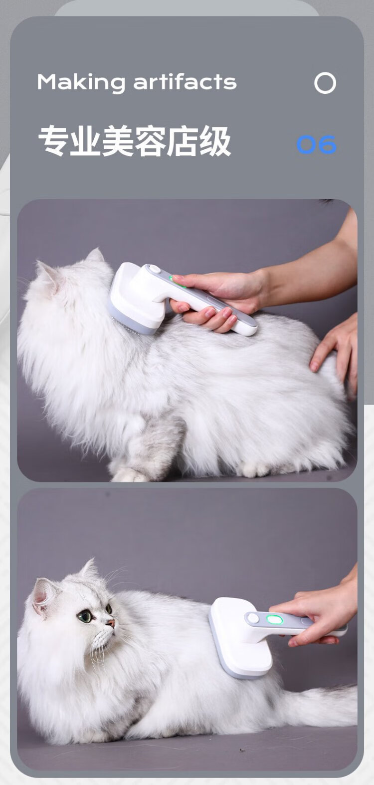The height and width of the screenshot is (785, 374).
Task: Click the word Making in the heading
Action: pos(81,83)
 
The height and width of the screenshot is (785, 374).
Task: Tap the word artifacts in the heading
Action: pos(185,81)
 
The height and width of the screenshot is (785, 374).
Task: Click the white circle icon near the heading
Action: pos(325,83)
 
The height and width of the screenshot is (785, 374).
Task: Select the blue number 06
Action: pos(316,144)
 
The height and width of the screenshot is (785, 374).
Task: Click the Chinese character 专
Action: pos(53,141)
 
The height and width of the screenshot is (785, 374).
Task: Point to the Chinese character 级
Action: pos(214,141)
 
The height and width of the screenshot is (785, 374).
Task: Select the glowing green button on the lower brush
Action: pos(275,619)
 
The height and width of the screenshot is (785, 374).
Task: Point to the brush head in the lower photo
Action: pos(240,639)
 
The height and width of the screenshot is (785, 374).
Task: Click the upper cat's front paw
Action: pos(130,474)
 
